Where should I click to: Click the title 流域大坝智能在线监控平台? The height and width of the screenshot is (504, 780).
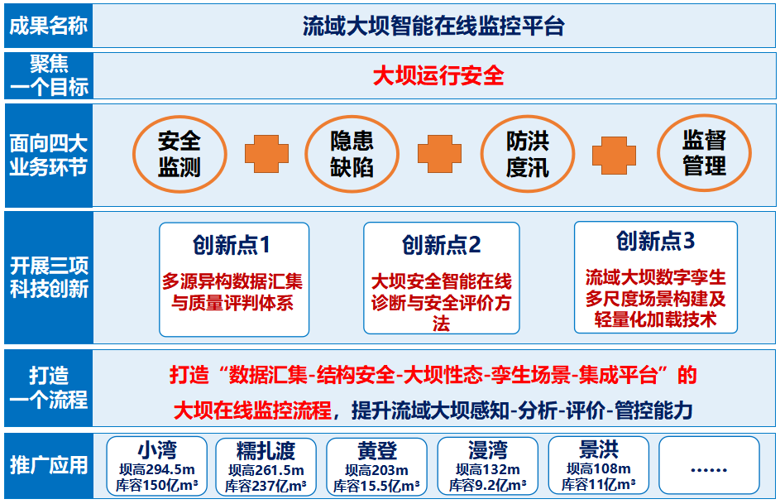tap(433, 26)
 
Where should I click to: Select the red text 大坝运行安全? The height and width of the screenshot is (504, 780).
tap(438, 76)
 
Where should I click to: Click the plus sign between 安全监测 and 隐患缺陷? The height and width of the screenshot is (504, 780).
tap(266, 154)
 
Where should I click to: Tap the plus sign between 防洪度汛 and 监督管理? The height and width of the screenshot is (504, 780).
tap(614, 156)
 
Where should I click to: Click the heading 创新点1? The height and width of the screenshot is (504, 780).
tap(232, 245)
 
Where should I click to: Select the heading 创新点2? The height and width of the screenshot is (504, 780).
tap(442, 245)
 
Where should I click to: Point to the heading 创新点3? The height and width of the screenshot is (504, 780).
tap(656, 241)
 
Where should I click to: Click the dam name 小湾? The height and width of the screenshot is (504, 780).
tap(157, 451)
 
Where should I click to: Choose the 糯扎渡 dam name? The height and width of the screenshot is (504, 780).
tap(266, 451)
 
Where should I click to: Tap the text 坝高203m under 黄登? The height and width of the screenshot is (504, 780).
tap(376, 470)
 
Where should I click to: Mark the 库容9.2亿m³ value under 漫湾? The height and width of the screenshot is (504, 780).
tap(487, 485)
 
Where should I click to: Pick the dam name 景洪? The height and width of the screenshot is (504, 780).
tap(598, 449)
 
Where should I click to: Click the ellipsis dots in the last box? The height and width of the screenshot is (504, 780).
tap(709, 470)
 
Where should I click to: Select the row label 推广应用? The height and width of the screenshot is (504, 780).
tap(49, 465)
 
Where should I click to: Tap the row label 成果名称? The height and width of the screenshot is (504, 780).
tap(49, 26)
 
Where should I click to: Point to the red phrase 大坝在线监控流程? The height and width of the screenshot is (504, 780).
tap(253, 411)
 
